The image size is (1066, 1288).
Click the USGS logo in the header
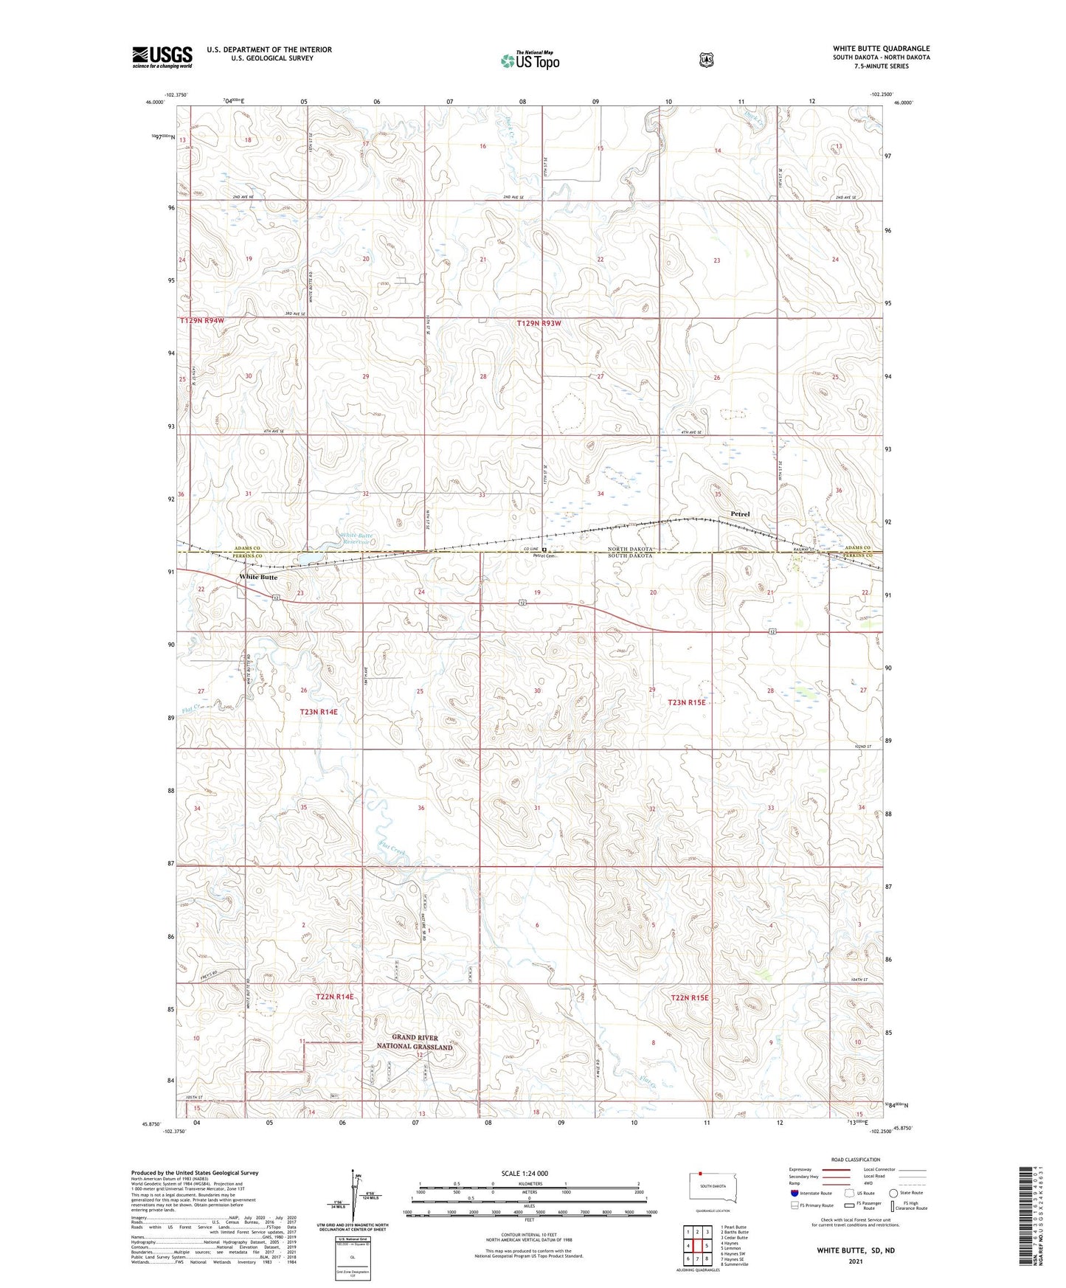tap(162, 57)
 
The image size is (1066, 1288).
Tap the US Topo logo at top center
tap(529, 60)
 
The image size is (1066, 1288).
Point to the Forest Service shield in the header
tap(707, 60)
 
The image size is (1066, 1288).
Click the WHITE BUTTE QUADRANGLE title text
tap(881, 49)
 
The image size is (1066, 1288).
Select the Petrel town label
tap(740, 514)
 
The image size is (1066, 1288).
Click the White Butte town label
tap(257, 577)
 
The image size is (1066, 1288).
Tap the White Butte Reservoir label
tap(356, 539)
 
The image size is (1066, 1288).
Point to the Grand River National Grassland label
tap(415, 1042)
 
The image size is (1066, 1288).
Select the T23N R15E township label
tap(687, 703)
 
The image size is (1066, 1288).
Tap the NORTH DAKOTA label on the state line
tap(630, 549)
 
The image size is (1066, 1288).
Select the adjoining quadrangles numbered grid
tap(697, 1245)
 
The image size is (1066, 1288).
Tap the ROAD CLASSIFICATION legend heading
tap(855, 1160)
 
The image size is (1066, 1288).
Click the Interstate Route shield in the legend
tap(794, 1193)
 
